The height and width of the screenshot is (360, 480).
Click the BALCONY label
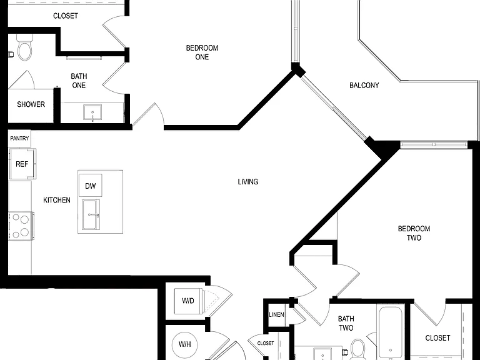[364, 86]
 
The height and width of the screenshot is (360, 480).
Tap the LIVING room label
[248, 182]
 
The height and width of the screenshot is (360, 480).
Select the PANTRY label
[19, 138]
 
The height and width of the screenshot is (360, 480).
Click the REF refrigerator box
[22, 164]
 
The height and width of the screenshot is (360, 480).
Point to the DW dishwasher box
[90, 185]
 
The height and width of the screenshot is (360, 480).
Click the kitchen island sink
[91, 214]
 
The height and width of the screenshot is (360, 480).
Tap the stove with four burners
[21, 226]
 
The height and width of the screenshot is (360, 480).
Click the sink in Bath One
[92, 112]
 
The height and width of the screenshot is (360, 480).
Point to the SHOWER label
[31, 104]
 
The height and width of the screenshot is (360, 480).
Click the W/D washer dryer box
[189, 301]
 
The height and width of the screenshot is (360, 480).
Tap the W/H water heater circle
[185, 344]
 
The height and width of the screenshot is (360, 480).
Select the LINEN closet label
[276, 315]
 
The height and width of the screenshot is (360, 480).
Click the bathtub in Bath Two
[390, 333]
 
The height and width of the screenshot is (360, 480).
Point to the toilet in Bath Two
[358, 349]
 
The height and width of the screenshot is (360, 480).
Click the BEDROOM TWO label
[414, 233]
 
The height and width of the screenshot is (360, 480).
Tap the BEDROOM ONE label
[202, 52]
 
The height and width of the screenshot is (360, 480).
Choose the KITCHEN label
[57, 200]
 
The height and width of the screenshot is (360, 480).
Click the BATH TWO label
[346, 323]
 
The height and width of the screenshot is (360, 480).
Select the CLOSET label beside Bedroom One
[66, 16]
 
